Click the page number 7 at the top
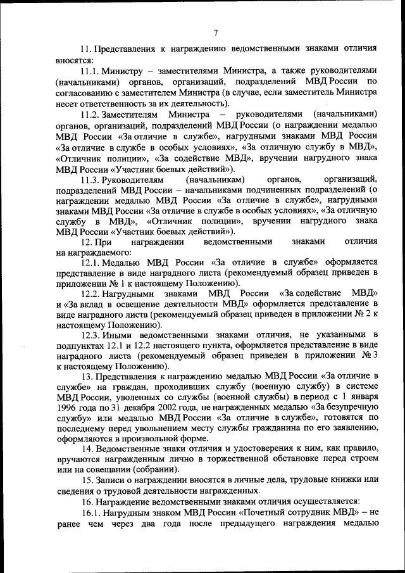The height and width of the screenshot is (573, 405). coord(215,33)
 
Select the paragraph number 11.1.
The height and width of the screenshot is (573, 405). coord(92,69)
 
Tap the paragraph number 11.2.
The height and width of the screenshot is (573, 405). coord(92,114)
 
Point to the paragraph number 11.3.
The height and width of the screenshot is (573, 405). coord(92,180)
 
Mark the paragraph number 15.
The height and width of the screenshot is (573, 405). coord(87,480)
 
